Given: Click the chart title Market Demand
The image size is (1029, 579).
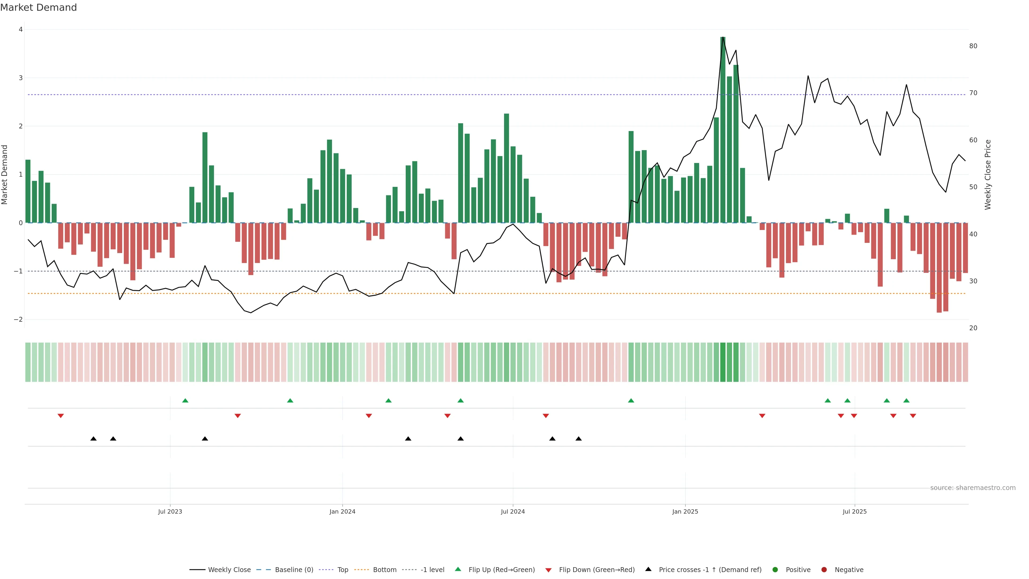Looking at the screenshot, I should [38, 8].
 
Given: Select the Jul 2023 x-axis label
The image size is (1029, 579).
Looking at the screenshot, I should [170, 511].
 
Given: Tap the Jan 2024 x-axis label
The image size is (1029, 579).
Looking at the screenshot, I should [342, 511].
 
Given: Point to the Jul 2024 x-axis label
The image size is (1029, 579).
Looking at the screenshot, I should [513, 511].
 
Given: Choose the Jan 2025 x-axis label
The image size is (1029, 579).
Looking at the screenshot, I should [685, 511].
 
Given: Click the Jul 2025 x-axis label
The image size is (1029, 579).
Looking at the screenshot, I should [855, 511].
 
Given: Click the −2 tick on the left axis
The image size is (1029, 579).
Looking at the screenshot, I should [18, 320].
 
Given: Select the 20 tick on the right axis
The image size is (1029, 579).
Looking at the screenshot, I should [973, 328].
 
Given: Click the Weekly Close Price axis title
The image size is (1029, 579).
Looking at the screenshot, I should [988, 175].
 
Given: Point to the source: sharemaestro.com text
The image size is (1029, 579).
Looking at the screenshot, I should [973, 488].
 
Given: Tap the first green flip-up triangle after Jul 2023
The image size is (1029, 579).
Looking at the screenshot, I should [185, 400].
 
